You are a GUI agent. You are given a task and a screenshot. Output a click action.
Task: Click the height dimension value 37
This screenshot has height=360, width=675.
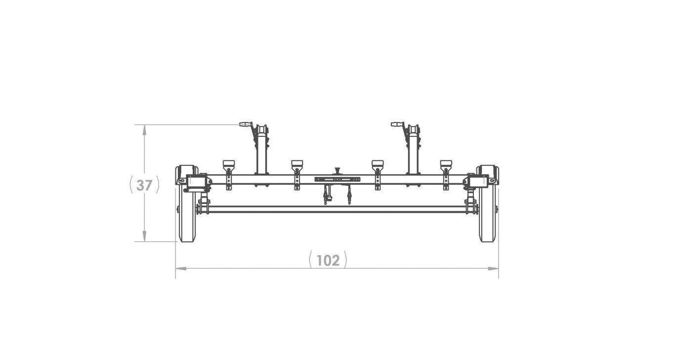click(144, 185)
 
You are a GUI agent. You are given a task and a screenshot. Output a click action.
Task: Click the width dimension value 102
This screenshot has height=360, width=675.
click(328, 261)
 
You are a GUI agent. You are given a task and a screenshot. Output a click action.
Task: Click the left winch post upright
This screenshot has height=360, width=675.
click(262, 154)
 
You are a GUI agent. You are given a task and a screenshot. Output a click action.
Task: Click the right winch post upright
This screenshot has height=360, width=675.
click(413, 154)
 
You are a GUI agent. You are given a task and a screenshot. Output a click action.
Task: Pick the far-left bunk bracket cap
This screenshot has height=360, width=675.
click(229, 164)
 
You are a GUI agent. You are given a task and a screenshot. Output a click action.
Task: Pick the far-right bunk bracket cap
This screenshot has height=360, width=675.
click(446, 164)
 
